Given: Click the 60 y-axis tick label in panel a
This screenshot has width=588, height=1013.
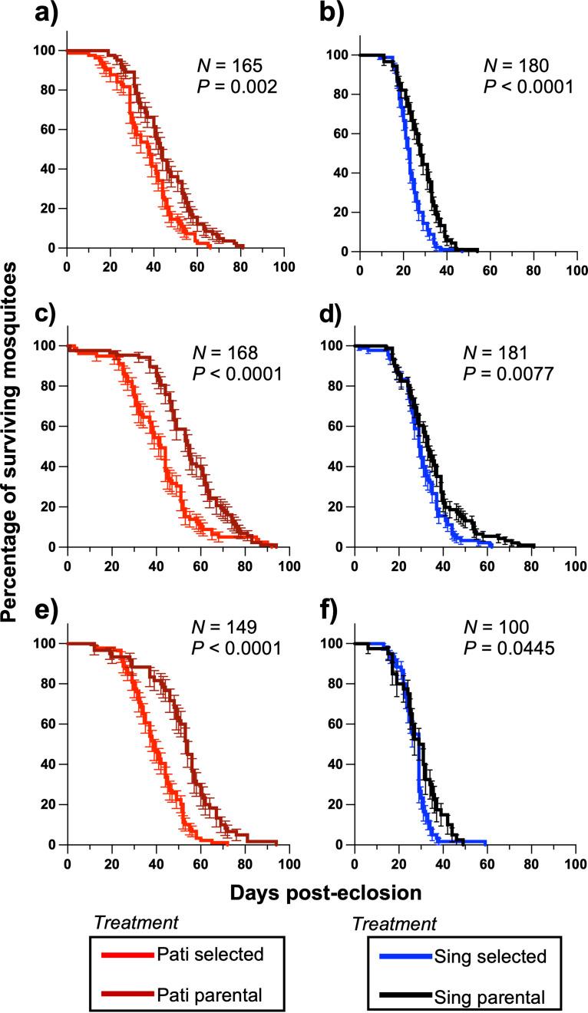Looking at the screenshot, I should click(x=48, y=129).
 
